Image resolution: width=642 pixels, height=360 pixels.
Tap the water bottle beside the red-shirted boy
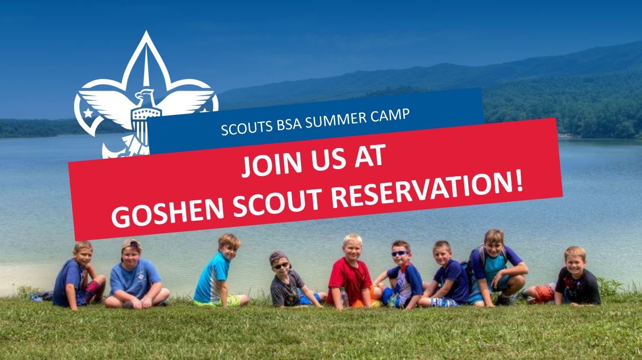(344, 297)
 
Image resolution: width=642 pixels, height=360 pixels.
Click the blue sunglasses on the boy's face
(400, 253)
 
